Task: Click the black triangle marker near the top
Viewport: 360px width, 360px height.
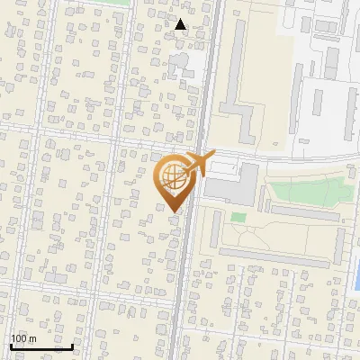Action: pos(181,24)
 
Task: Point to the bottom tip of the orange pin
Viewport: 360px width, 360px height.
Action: pos(173,211)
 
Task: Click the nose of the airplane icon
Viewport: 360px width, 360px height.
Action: pos(212,155)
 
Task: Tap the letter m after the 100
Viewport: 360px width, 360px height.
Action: pos(32,338)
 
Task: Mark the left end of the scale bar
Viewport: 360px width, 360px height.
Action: pos(11,346)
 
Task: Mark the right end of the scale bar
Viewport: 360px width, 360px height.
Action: pos(72,346)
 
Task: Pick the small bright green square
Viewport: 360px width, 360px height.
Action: pos(238,217)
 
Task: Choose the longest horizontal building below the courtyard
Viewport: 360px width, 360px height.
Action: pos(270,256)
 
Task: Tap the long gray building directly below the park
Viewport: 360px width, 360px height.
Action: pos(306,214)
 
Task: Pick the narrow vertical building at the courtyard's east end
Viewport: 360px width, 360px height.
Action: pos(341,243)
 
